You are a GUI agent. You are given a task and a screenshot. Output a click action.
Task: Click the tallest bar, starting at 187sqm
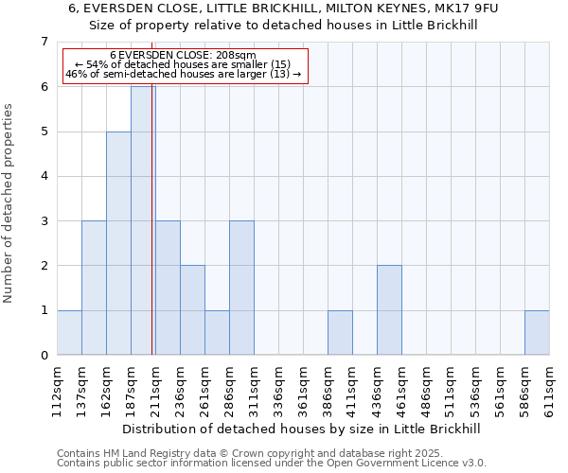(x=143, y=220)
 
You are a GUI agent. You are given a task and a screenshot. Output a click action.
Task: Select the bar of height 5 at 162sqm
(x=118, y=243)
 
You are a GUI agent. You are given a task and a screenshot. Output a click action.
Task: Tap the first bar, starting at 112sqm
(x=69, y=332)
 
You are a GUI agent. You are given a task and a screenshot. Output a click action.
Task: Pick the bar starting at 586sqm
(x=537, y=332)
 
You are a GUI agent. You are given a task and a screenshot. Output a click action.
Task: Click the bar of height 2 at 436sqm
(x=389, y=310)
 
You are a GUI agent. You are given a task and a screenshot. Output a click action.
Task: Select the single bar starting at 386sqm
(x=340, y=332)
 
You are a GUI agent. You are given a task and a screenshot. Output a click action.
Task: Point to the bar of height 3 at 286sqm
(x=241, y=288)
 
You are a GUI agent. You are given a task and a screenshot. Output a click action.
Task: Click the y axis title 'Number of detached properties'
(x=9, y=203)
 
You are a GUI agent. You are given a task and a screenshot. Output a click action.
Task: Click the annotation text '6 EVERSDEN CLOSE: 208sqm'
(x=183, y=56)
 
